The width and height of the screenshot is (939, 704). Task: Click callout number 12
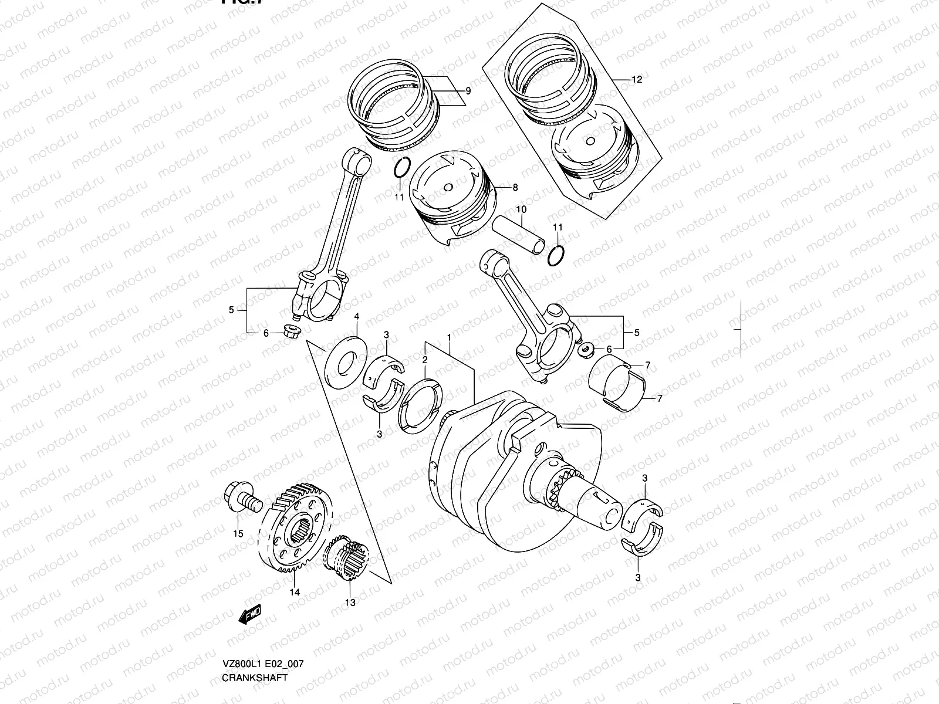click(637, 79)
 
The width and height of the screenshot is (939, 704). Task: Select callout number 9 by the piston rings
click(468, 91)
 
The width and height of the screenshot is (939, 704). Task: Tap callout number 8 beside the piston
click(515, 188)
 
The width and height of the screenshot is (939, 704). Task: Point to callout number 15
click(238, 533)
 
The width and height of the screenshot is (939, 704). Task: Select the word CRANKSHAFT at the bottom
click(255, 678)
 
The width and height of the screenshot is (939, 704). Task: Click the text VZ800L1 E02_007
click(262, 664)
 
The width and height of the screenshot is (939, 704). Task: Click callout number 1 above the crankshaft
click(449, 337)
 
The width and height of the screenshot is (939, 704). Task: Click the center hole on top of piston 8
click(449, 187)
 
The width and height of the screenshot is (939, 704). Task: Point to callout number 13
click(350, 602)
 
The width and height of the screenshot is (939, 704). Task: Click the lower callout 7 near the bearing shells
click(659, 398)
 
